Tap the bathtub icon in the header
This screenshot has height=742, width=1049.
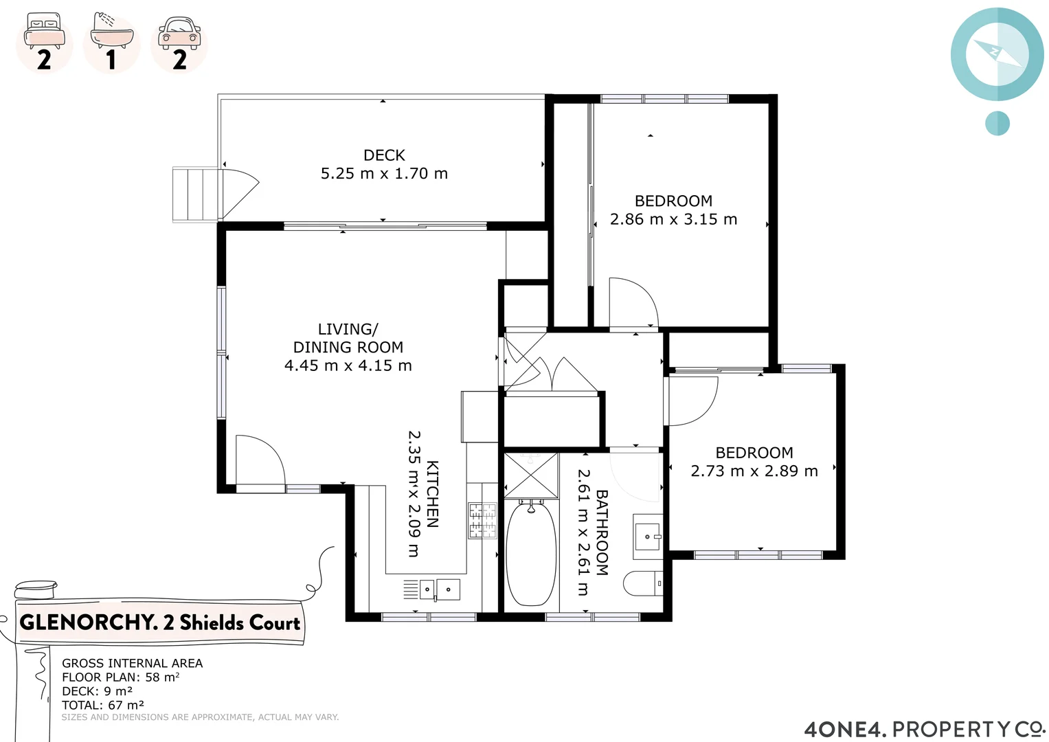pos(111,32)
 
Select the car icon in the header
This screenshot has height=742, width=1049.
pos(179,33)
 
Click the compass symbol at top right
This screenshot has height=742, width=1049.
pos(997,54)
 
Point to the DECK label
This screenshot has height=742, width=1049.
pos(384,155)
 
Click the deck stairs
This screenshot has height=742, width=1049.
pos(195,194)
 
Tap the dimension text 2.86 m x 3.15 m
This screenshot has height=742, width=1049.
pos(673,219)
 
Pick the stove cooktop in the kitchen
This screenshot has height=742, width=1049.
pos(482,521)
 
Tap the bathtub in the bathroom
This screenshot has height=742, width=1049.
pos(531,555)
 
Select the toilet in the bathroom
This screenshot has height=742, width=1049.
pos(642,583)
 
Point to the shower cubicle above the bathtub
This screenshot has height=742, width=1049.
pos(531,474)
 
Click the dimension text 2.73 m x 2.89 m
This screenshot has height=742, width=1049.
pos(754,471)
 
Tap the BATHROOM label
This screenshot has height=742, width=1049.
pos(601,532)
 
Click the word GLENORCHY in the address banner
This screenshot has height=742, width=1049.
pos(88,622)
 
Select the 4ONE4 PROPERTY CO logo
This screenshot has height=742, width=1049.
pos(923,728)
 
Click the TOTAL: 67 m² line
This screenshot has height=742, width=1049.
pos(103,705)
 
